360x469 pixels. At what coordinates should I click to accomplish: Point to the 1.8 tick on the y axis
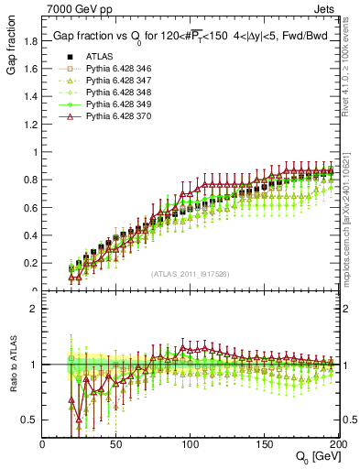[31, 40]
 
